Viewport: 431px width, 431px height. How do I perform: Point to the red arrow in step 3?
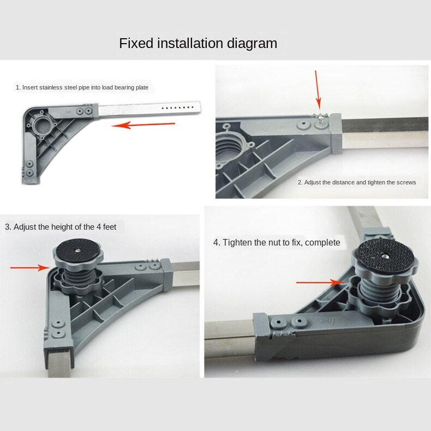pyautogui.click(x=29, y=267)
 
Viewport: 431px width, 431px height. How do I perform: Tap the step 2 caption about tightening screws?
pyautogui.click(x=356, y=182)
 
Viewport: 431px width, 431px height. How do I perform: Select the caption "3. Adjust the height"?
pyautogui.click(x=61, y=227)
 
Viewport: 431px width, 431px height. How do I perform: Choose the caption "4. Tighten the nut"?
pyautogui.click(x=277, y=242)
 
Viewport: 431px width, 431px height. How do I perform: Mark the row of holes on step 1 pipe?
pyautogui.click(x=178, y=107)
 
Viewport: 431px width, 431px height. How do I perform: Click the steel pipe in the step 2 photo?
pyautogui.click(x=385, y=133)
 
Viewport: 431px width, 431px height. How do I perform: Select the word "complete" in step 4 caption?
pyautogui.click(x=322, y=242)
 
